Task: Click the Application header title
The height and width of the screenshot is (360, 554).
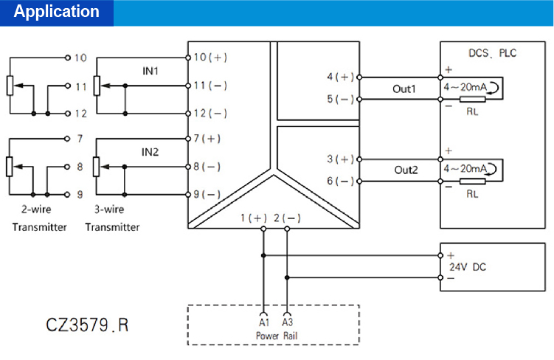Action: point(57,12)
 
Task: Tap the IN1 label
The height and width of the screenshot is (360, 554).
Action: point(150,71)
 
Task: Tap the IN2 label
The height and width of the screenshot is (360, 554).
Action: point(150,152)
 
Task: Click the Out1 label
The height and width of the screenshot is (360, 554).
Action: point(404,89)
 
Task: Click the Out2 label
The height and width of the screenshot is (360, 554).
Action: point(404,170)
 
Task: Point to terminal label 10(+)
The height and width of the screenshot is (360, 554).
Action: point(210,58)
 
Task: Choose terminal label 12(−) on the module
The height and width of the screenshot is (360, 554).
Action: point(210,114)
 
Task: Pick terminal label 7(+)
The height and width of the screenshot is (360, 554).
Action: point(207,139)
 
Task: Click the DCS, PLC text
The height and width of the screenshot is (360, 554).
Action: point(493,53)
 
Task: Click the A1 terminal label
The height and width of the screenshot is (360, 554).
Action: point(263,322)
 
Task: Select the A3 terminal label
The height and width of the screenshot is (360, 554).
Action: point(287,322)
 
